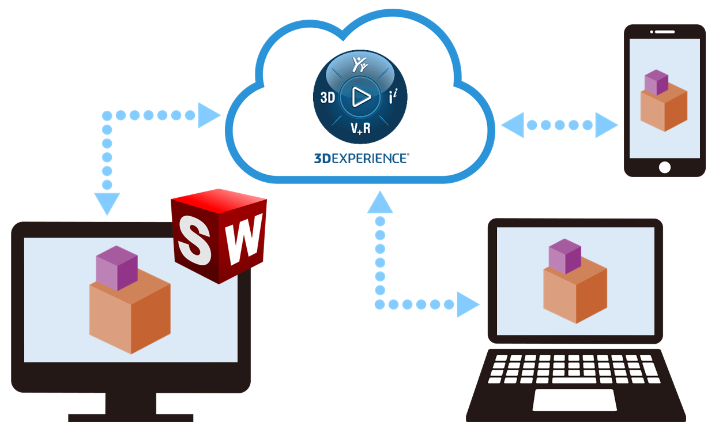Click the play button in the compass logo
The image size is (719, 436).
pyautogui.click(x=362, y=97)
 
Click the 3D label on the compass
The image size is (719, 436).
pyautogui.click(x=327, y=97)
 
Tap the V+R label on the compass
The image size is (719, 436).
pyautogui.click(x=360, y=129)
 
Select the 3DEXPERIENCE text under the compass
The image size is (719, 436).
pyautogui.click(x=361, y=159)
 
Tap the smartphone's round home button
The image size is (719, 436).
pyautogui.click(x=665, y=167)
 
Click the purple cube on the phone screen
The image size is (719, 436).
pyautogui.click(x=656, y=82)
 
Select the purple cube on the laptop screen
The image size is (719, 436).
pyautogui.click(x=564, y=256)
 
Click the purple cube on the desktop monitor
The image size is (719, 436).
pyautogui.click(x=116, y=268)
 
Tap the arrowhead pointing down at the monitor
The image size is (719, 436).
pyautogui.click(x=107, y=204)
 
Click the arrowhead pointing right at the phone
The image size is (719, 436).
pyautogui.click(x=606, y=125)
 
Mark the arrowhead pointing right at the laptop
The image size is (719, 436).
pyautogui.click(x=468, y=304)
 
